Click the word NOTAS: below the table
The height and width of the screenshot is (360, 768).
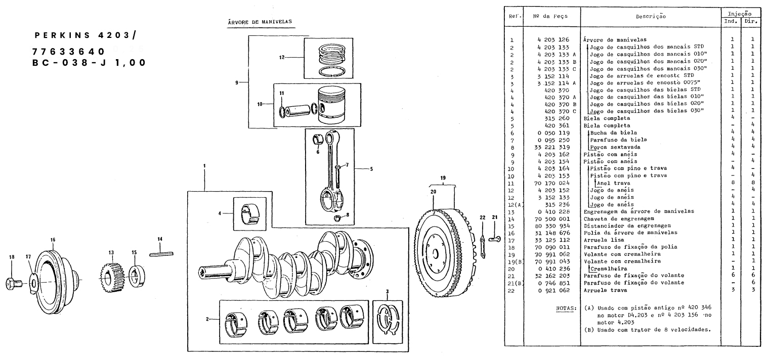567,307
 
